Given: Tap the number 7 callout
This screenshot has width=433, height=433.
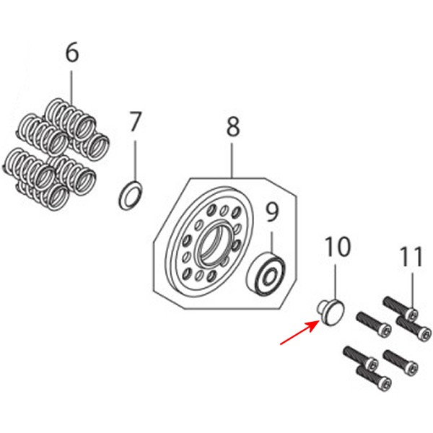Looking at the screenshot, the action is [x=135, y=121].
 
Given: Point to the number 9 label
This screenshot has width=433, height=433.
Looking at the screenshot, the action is [x=272, y=212].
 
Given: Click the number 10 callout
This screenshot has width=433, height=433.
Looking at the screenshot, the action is [x=338, y=247].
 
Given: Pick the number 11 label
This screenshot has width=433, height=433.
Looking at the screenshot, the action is [x=412, y=257].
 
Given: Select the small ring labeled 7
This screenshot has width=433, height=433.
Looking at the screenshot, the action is [x=131, y=195].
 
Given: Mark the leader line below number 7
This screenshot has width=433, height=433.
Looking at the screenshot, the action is [x=136, y=161].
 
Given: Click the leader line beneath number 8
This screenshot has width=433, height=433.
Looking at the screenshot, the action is [x=232, y=160].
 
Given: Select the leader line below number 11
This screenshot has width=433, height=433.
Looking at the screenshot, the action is [x=413, y=291].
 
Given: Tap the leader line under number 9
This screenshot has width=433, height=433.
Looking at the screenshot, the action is [x=272, y=242].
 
